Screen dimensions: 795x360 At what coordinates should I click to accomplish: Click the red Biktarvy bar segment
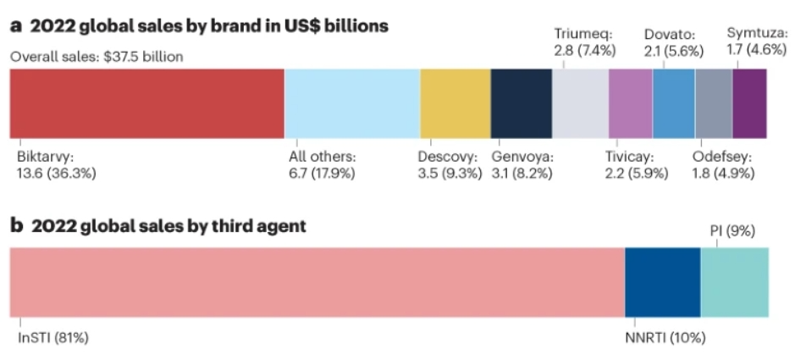point(147,103)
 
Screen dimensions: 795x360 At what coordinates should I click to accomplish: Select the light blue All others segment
point(352,103)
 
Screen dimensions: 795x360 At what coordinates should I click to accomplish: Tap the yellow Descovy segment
point(455,103)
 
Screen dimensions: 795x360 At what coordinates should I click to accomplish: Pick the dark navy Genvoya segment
point(522,103)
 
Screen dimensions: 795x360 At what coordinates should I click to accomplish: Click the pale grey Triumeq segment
point(581,103)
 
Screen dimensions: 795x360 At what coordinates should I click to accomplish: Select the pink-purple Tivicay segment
point(631,103)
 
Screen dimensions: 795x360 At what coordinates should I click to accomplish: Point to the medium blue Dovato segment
point(674,103)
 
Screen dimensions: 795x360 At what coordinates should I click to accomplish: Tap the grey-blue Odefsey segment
point(714,103)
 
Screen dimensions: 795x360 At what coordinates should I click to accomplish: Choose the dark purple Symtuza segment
point(750,103)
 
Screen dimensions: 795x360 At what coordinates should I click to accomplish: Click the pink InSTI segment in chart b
point(317,282)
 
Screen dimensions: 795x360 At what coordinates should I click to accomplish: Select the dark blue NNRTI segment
point(663,282)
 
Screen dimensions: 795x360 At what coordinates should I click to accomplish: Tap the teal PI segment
point(735,282)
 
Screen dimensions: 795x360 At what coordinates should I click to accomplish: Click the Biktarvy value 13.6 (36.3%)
point(56,174)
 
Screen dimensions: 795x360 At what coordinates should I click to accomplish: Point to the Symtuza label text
point(757,34)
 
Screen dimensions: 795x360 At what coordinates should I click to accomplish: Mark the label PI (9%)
point(732,232)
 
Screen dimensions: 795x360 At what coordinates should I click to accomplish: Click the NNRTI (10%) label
point(665,338)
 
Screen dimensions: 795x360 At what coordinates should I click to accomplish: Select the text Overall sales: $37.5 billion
point(97,57)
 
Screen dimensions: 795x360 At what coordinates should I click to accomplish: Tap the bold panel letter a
point(16,26)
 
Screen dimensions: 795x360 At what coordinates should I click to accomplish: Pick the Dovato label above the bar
point(669,35)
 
